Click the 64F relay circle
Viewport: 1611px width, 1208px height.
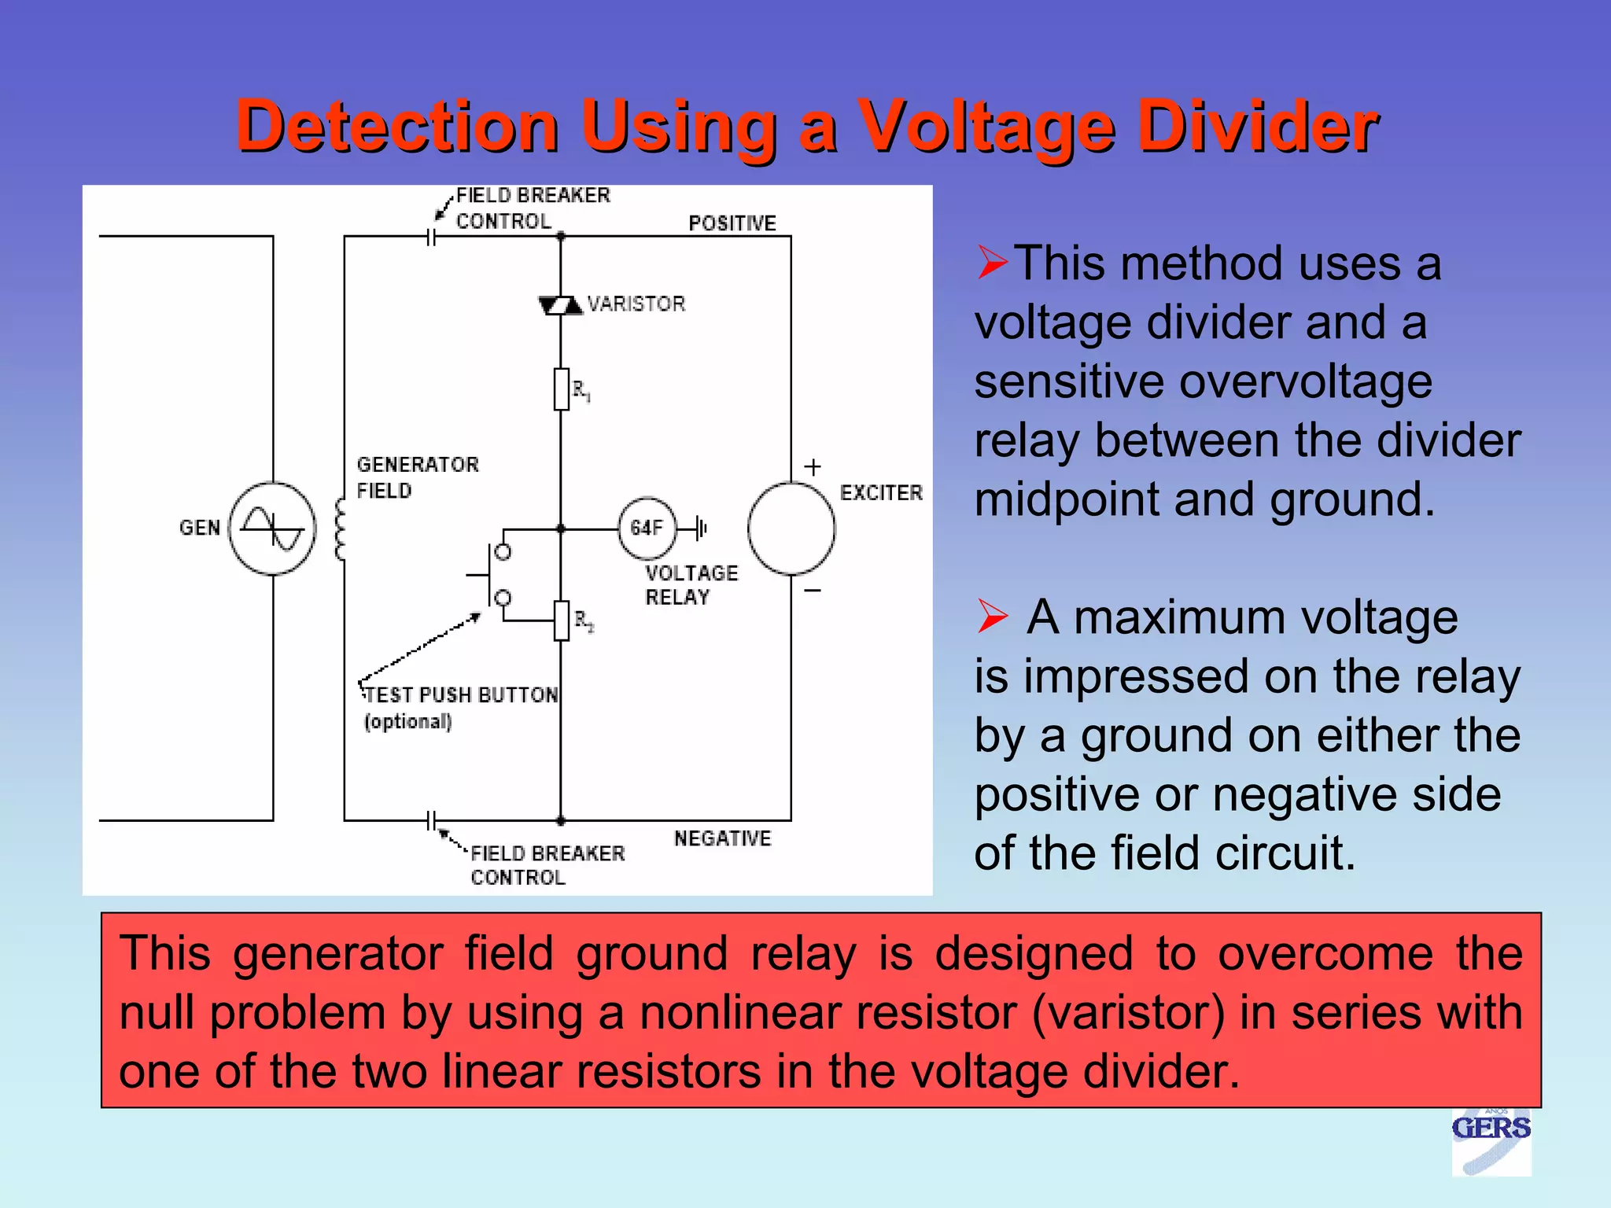(x=647, y=528)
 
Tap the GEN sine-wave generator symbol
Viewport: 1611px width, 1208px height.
(x=272, y=528)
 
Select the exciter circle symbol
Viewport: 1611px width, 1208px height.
(x=791, y=528)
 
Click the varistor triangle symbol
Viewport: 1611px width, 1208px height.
(x=561, y=305)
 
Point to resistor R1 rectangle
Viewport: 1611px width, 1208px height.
(x=561, y=389)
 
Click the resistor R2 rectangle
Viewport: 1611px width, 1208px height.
(x=561, y=621)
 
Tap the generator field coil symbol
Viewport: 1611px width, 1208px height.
(x=341, y=529)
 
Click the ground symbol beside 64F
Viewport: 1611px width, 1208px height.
(x=702, y=528)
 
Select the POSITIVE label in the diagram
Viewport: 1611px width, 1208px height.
(x=732, y=223)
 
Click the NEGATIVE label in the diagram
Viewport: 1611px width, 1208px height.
(x=722, y=838)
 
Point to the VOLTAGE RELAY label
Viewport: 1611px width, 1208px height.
(x=691, y=584)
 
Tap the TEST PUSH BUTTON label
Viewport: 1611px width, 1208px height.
(x=461, y=695)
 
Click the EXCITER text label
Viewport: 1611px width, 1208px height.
(x=881, y=493)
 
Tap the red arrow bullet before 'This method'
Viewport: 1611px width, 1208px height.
(x=992, y=262)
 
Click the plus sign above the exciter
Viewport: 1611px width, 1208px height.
(x=813, y=467)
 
